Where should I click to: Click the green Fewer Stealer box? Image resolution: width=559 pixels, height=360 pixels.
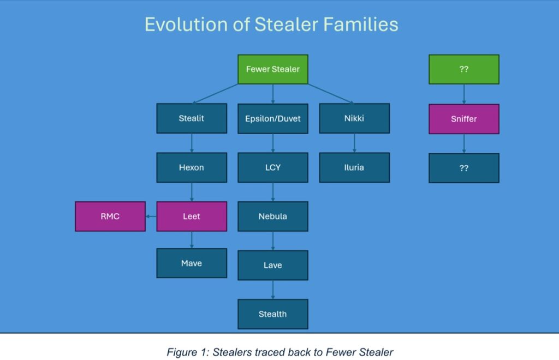point(273,69)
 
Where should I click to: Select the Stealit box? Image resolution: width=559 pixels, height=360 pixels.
point(192,118)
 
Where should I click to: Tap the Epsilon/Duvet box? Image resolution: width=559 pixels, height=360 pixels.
point(273,118)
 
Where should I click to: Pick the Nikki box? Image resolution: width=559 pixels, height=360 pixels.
point(354,118)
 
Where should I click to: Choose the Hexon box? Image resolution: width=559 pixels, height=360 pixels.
point(192,167)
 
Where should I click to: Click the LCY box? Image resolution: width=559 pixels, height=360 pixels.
point(273,167)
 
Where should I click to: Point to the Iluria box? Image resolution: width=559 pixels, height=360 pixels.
point(354,167)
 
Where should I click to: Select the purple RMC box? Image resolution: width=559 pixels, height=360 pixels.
point(110,217)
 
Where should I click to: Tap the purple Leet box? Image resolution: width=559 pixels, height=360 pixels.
point(192,217)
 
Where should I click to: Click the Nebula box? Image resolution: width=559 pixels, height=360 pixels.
point(273,217)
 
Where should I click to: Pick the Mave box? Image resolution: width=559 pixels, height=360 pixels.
point(192,263)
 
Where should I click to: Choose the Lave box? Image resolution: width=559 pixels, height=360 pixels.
point(273,265)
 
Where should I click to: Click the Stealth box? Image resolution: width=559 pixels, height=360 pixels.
point(273,314)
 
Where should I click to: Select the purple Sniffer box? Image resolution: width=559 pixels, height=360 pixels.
point(464,119)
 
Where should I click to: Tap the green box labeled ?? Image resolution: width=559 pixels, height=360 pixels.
point(464,69)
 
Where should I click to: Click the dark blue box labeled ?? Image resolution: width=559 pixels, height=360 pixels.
point(464,168)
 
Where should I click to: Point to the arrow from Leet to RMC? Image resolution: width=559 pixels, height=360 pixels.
point(151,217)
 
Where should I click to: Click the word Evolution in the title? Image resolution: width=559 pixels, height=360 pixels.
point(186,25)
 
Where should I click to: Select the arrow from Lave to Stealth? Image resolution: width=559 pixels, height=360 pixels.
point(273,290)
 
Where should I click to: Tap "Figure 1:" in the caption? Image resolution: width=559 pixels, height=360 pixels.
point(188,352)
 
